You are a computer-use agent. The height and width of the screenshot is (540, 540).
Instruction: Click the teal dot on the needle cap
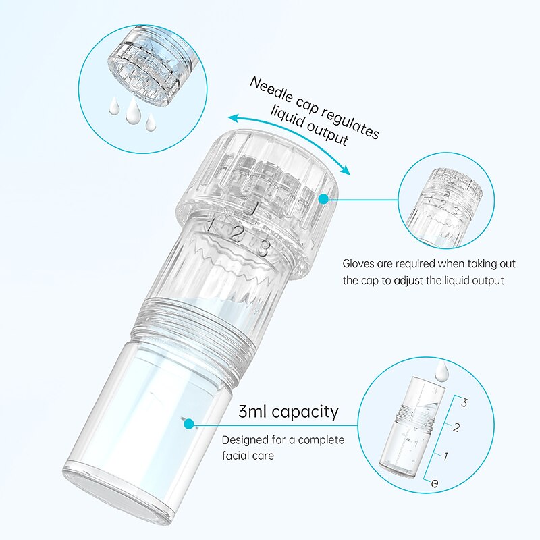pos(323,199)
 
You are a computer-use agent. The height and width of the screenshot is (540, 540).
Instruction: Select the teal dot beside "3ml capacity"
pos(188,424)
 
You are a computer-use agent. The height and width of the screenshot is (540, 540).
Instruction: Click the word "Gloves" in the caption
pos(358,264)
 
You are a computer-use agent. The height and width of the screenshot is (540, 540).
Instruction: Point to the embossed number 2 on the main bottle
pos(237,234)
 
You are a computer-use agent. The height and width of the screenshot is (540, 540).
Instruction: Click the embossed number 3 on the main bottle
pos(263,248)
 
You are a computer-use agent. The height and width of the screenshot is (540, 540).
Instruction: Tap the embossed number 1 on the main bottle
pos(212,224)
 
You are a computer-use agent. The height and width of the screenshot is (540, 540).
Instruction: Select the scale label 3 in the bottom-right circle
pos(464,402)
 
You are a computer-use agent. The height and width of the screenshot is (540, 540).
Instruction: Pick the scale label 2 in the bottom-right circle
pos(456,427)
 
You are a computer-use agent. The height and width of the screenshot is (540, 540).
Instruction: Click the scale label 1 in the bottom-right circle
pos(446,456)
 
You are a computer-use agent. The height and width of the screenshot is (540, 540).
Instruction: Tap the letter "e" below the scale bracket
pos(435,483)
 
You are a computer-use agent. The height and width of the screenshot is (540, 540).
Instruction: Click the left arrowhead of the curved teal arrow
pos(234,119)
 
